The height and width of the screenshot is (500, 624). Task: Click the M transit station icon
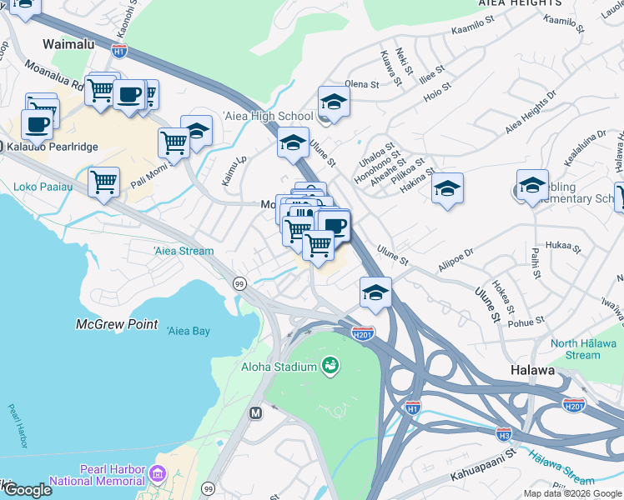(x=256, y=412)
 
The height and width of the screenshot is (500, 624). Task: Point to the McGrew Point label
(x=116, y=324)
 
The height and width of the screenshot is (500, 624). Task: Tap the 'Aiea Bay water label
(x=189, y=331)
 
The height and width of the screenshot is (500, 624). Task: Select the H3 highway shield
(x=504, y=434)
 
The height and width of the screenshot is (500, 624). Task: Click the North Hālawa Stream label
(x=587, y=349)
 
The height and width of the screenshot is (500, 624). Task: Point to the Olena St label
(x=362, y=84)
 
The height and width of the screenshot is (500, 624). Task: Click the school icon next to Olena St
(x=334, y=102)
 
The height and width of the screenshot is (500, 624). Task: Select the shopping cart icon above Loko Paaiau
(x=103, y=181)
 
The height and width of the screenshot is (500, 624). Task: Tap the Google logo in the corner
(x=27, y=490)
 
